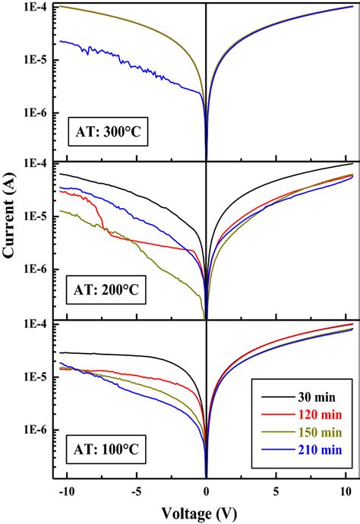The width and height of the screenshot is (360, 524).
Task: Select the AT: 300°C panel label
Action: tap(112, 130)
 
